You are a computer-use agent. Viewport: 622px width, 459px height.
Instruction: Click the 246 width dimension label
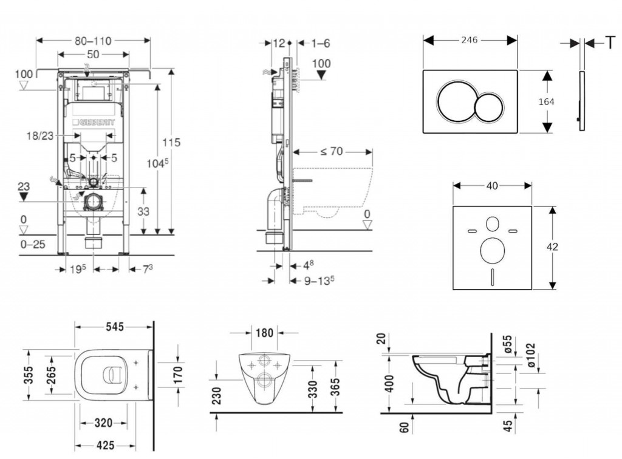(x=469, y=40)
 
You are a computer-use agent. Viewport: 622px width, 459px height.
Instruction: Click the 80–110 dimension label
(x=93, y=41)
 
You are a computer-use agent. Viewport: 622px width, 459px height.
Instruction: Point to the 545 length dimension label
(x=114, y=327)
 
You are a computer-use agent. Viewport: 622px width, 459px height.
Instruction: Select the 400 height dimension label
(x=390, y=383)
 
